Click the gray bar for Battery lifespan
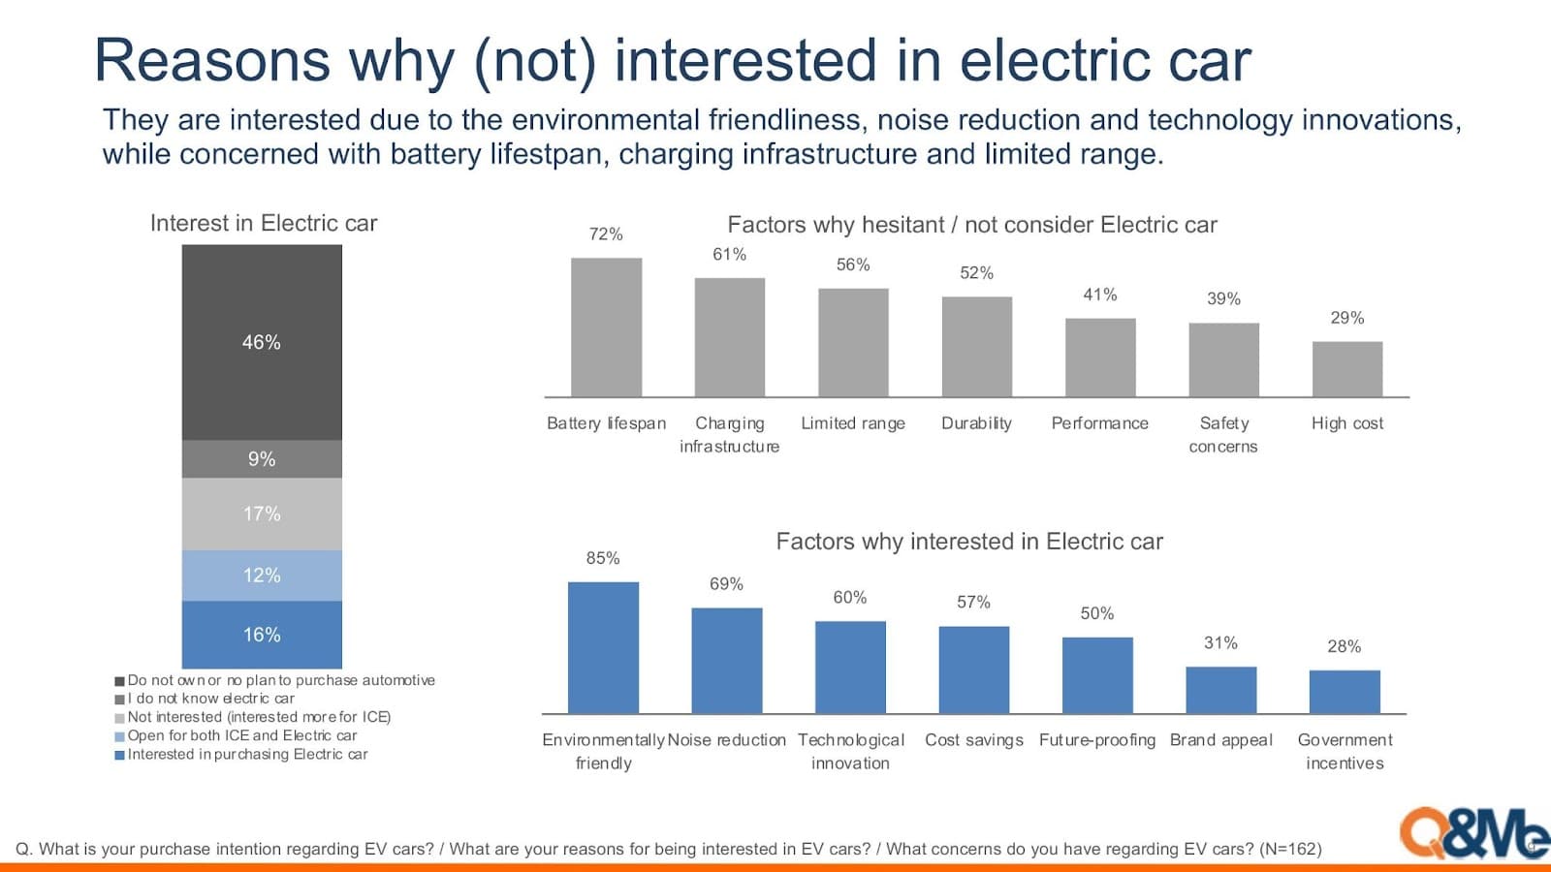606,327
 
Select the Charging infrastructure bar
729,337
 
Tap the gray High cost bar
1346,369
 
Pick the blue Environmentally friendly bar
603,647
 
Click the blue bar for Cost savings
973,670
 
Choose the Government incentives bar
1344,692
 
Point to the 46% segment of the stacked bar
262,342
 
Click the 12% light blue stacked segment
262,576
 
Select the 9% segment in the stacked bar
262,459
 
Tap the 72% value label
606,234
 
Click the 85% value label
602,558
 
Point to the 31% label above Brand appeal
1220,643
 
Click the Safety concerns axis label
1223,435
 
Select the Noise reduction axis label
726,740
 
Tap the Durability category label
976,423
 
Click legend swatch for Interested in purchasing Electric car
120,755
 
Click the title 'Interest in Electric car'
263,224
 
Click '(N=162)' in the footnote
1290,850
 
